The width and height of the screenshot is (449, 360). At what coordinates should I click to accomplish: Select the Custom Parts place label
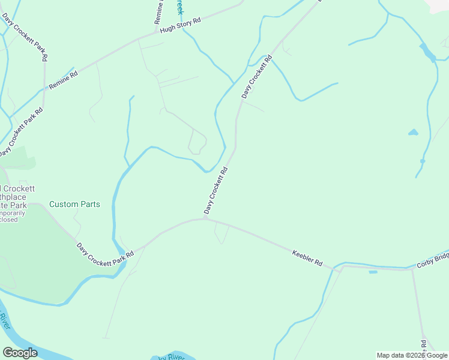(74, 204)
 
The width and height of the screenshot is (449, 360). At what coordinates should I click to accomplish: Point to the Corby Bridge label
(433, 260)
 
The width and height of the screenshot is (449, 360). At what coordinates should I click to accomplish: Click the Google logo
(20, 353)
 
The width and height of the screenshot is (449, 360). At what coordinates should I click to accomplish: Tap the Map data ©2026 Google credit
(411, 355)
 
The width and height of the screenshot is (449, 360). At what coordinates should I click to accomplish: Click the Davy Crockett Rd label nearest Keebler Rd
(216, 191)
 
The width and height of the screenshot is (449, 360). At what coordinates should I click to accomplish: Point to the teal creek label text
(178, 7)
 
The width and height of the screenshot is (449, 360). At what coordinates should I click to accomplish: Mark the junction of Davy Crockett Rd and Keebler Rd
(206, 219)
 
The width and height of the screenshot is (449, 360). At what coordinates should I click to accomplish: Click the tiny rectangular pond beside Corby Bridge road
(373, 272)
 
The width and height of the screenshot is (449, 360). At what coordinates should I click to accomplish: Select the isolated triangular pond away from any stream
(413, 132)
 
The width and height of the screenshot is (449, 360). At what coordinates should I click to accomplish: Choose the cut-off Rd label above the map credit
(423, 345)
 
